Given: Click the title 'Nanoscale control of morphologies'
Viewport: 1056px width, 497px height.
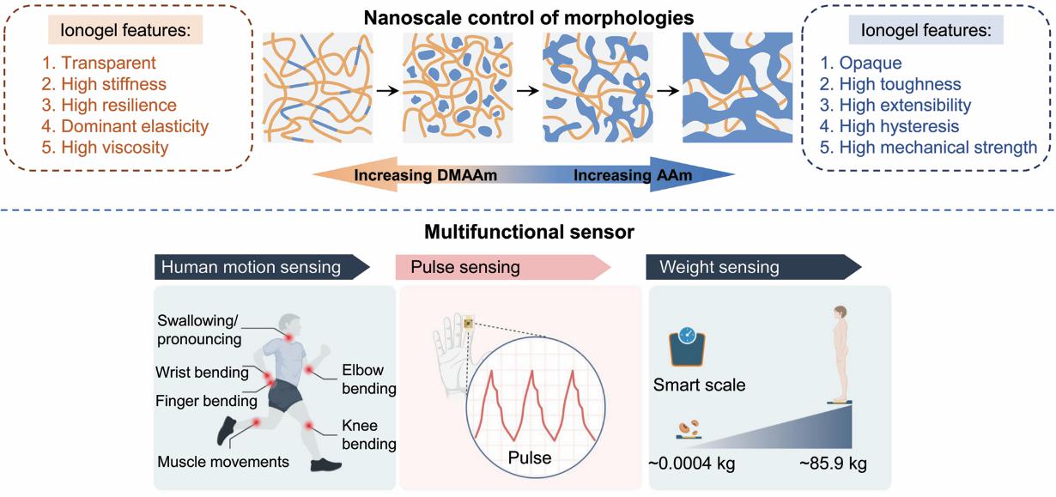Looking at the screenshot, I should click(528, 16).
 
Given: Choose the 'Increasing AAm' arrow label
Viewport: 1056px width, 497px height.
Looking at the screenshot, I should click(633, 175).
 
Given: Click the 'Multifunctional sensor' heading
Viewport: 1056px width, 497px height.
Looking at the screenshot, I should click(528, 232).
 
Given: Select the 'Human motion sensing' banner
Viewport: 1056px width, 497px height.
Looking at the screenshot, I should click(251, 267).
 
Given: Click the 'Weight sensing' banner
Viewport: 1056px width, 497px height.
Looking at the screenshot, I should click(719, 267).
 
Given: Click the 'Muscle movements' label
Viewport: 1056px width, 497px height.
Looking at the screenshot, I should click(223, 462).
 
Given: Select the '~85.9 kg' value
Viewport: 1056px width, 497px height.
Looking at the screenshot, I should click(833, 464).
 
